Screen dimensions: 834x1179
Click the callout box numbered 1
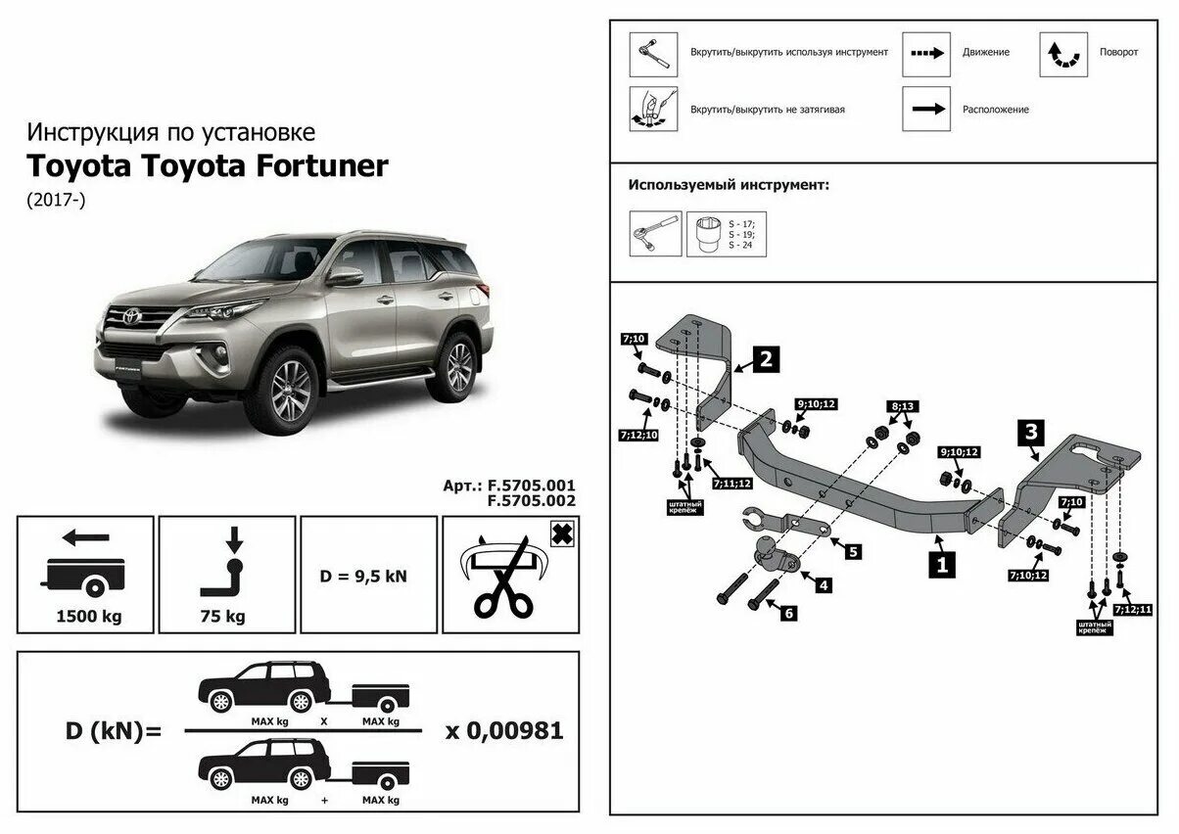[x=942, y=564]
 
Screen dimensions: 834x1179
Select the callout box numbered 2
[x=766, y=359]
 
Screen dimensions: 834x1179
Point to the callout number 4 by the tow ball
[x=824, y=585]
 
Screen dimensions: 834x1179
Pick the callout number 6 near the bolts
[x=787, y=613]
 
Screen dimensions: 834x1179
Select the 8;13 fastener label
[x=900, y=406]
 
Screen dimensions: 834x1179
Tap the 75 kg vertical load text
[x=226, y=617]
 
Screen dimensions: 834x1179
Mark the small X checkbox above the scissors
[x=562, y=533]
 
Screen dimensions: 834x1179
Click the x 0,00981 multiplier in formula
[x=504, y=730]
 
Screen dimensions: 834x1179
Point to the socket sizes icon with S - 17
[x=726, y=234]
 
